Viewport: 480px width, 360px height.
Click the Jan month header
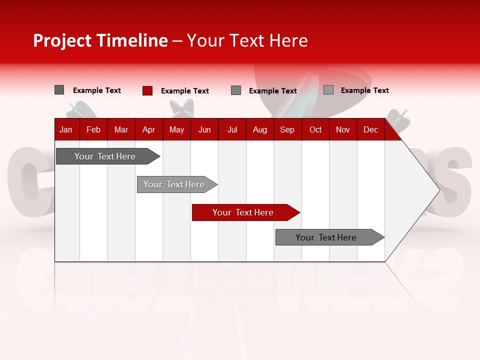point(66,129)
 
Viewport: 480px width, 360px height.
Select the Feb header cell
point(93,129)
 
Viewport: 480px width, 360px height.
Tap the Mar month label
point(121,129)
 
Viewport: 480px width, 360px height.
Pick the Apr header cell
point(148,129)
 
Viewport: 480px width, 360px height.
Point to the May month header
point(176,129)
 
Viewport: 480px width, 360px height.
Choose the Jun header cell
point(204,129)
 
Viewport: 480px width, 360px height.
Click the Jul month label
point(232,129)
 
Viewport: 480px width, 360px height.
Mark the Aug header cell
point(260,129)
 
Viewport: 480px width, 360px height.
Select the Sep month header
point(287,129)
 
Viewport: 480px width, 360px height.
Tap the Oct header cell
point(315,129)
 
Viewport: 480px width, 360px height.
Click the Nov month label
point(343,129)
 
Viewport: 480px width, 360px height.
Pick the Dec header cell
point(371,129)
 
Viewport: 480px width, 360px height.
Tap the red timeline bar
point(243,212)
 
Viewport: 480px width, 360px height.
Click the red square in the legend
point(147,90)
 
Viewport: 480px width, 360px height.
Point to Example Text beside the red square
point(185,91)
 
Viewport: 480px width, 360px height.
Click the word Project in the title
point(62,40)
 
